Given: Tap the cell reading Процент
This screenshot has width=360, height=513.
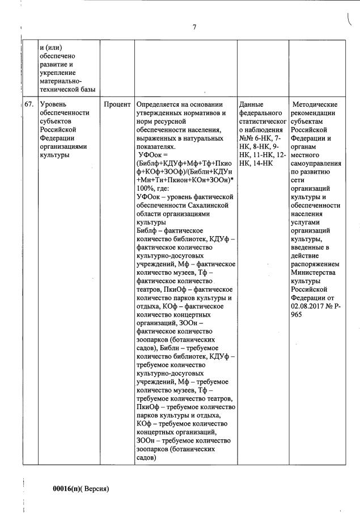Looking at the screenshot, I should (117, 104).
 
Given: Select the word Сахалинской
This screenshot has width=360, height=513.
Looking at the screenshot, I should (206, 205).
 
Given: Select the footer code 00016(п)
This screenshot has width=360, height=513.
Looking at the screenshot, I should (67, 488).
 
